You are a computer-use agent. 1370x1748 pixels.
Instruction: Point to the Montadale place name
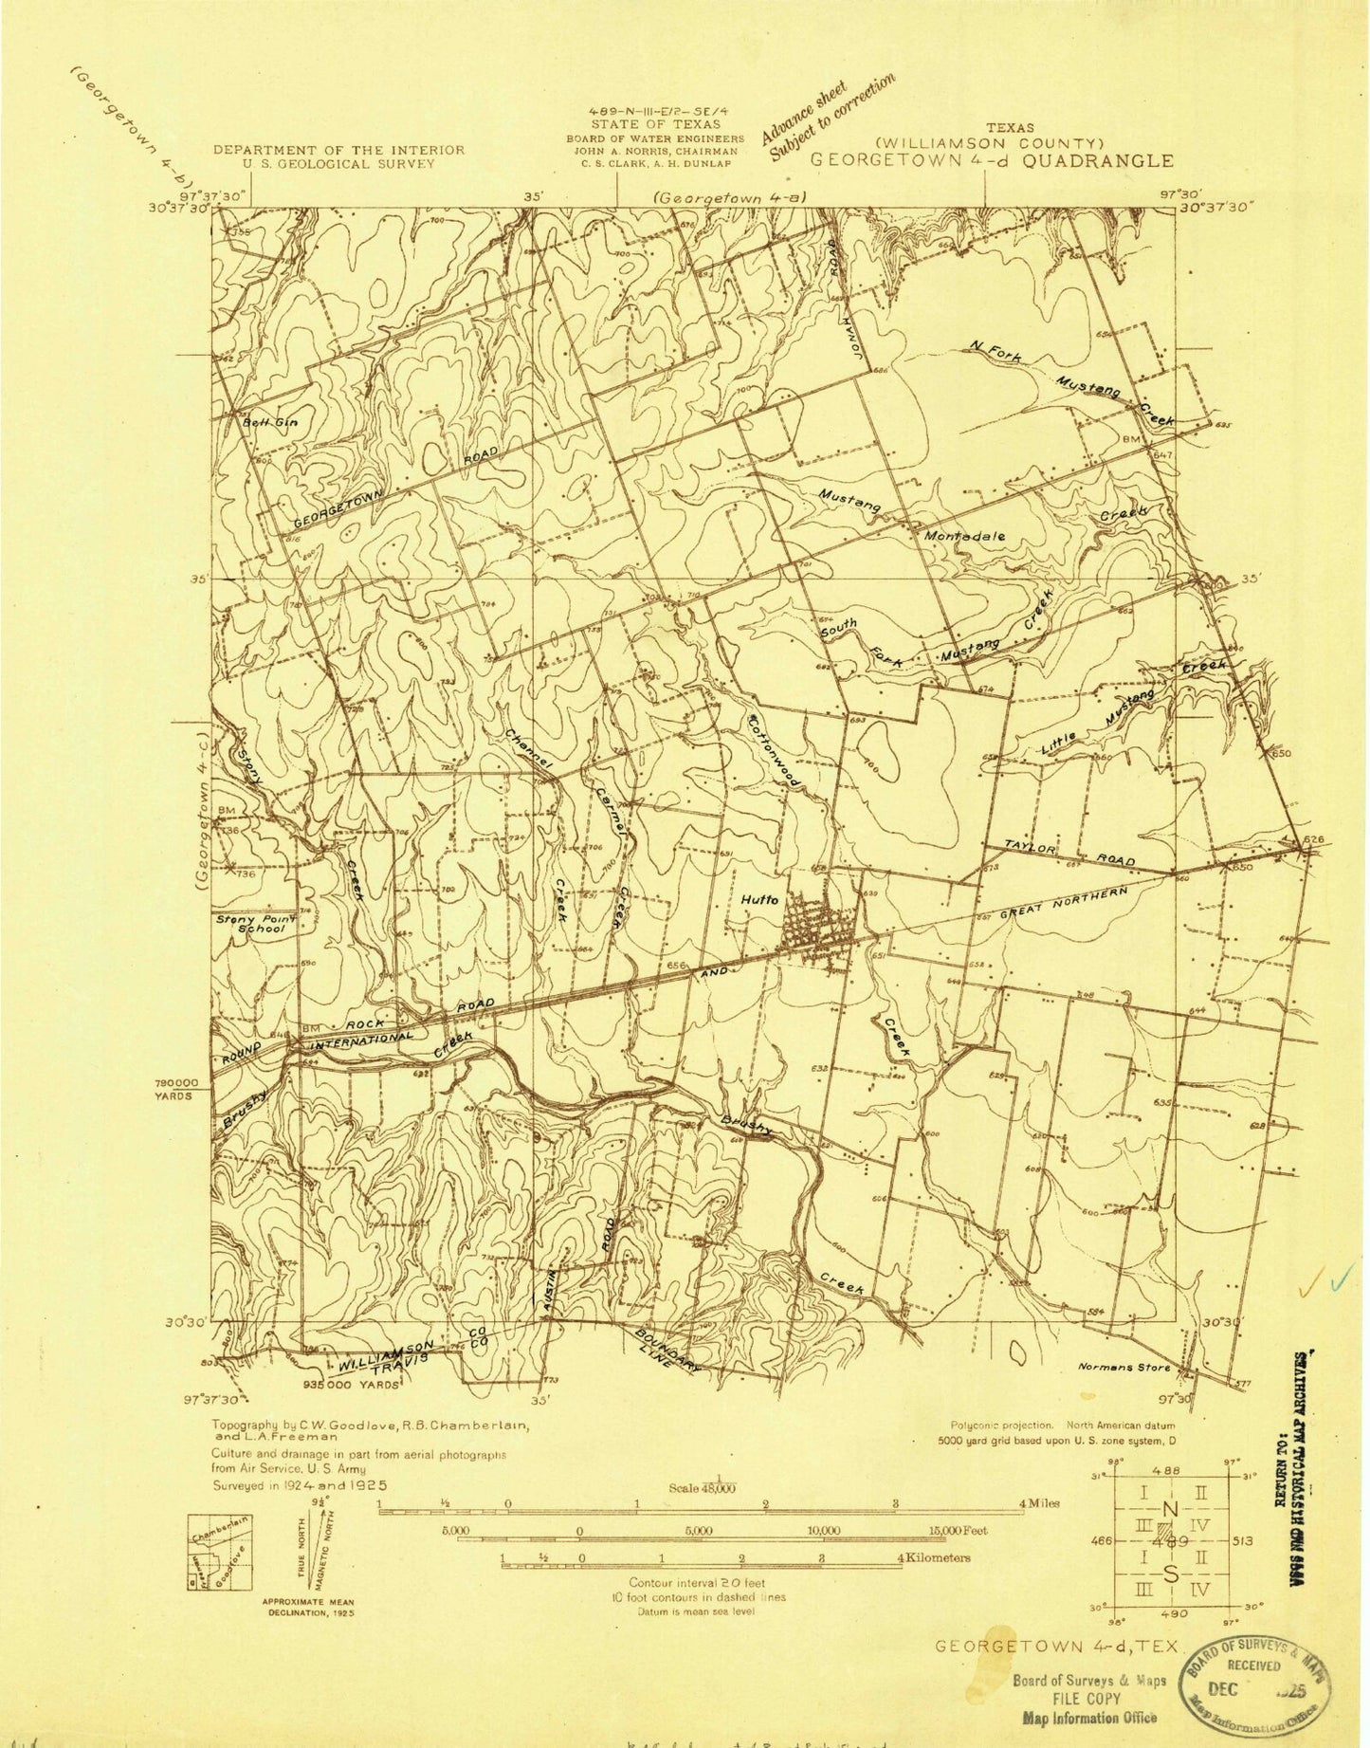(x=964, y=535)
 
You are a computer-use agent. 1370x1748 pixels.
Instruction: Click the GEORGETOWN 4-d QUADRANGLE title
(x=991, y=160)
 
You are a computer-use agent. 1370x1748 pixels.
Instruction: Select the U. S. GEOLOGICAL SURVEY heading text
(x=338, y=163)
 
